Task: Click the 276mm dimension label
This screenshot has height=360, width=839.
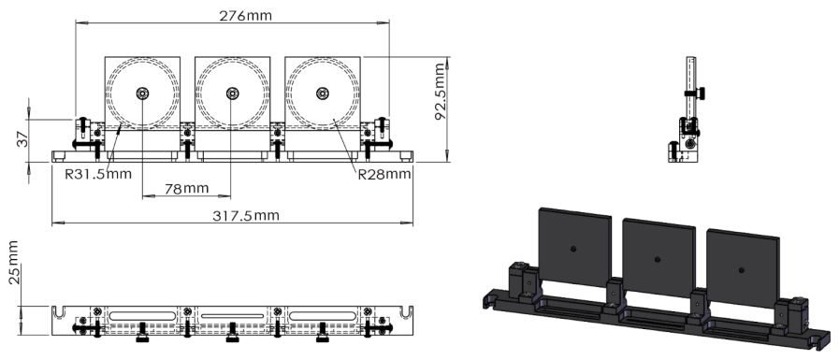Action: tap(232, 16)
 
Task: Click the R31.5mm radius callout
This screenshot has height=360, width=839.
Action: tap(98, 174)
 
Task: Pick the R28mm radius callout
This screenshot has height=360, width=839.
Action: tap(383, 173)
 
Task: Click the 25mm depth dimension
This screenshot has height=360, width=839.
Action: tap(13, 264)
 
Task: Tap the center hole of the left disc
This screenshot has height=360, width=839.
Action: tap(142, 93)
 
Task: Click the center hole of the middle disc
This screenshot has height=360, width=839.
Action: tap(231, 93)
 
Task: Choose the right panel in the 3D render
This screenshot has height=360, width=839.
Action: tap(743, 265)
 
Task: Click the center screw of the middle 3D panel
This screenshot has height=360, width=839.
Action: tap(658, 258)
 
